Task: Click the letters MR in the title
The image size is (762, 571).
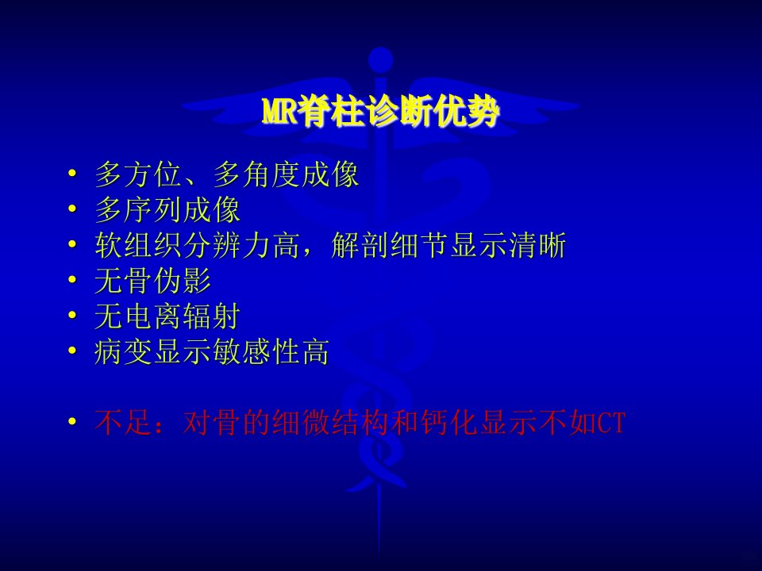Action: click(x=279, y=112)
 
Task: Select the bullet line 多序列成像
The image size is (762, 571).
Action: click(x=167, y=209)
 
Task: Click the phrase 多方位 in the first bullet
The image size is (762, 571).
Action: click(x=138, y=174)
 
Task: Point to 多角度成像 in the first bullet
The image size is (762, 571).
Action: click(x=286, y=174)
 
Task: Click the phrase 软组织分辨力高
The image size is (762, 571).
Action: click(x=197, y=245)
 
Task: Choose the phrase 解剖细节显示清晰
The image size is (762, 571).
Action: click(x=448, y=245)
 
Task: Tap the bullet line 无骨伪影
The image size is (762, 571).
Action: click(x=152, y=281)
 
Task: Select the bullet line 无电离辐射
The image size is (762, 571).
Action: click(x=167, y=316)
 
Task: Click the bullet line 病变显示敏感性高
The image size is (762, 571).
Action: click(x=212, y=351)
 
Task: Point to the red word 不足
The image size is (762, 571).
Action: click(x=124, y=423)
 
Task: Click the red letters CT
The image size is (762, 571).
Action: click(x=611, y=423)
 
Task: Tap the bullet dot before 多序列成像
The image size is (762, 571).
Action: click(x=72, y=209)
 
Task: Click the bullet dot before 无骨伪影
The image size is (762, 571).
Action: click(x=72, y=280)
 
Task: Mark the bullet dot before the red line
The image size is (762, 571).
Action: click(x=72, y=421)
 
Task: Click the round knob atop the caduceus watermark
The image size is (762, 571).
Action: click(x=380, y=60)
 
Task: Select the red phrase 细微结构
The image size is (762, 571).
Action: click(x=331, y=423)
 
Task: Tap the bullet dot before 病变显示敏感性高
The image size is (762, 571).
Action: click(x=72, y=351)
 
